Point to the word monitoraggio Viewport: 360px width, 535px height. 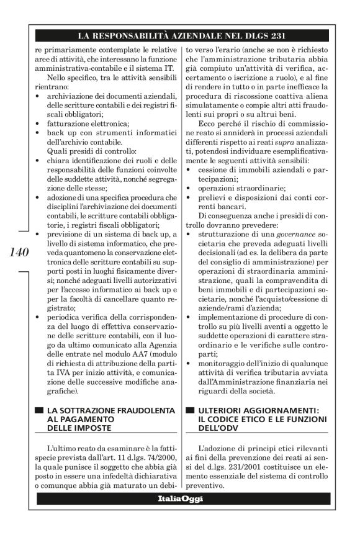[x=224, y=362]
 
